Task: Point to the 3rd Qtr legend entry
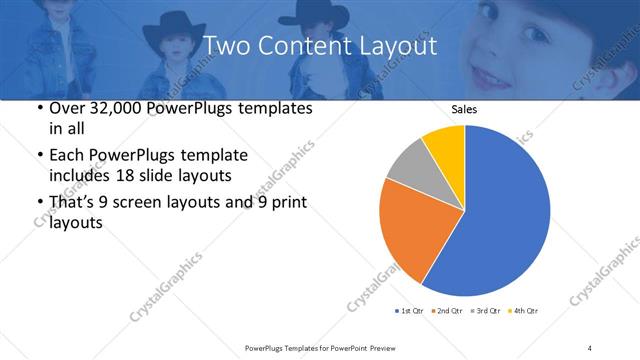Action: pos(487,311)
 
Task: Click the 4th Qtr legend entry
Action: pos(525,311)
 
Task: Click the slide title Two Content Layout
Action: pos(319,46)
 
